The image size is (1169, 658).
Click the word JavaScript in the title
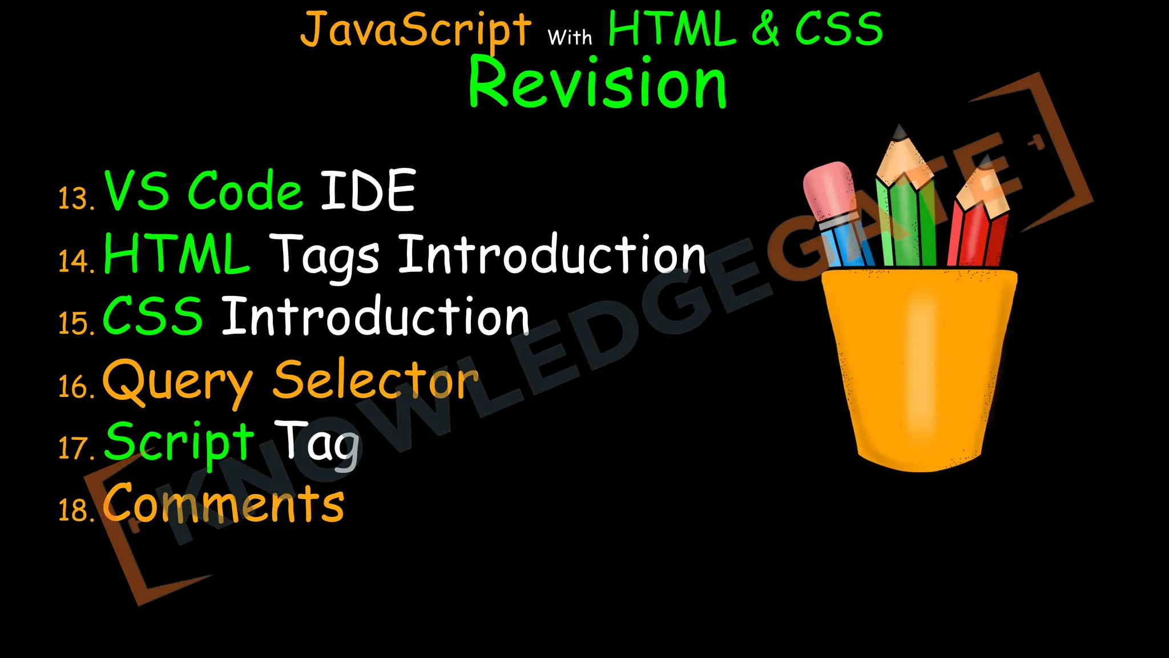416,30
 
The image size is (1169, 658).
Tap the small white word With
570,38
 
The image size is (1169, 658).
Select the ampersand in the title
765,30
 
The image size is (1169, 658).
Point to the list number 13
75,199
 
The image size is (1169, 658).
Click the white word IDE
368,191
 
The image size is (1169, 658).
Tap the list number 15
75,323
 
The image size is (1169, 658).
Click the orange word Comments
224,503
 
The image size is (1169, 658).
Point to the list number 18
75,509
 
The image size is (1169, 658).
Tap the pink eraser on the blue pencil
829,188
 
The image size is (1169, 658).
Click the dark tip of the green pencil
900,133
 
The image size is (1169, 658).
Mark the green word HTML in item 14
176,254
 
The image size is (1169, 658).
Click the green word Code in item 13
245,191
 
